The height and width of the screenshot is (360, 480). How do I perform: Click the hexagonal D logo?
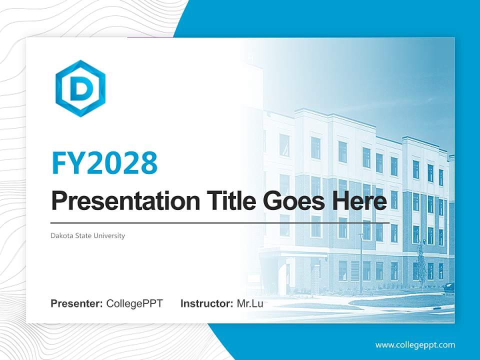coord(80,88)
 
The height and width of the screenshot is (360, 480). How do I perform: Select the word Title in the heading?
coord(228,201)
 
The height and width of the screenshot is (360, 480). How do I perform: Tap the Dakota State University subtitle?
coord(87,235)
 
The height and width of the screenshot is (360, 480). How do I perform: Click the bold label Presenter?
coord(77,303)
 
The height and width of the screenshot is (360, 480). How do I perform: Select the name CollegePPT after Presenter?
coord(134,303)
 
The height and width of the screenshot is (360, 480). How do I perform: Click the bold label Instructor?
coord(206,303)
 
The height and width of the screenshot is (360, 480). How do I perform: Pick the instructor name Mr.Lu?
coord(249,303)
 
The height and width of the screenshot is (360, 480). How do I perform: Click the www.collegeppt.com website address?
coord(415,344)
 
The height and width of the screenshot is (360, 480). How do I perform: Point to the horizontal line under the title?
coord(220,222)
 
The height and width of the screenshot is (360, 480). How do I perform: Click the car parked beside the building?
coord(449,287)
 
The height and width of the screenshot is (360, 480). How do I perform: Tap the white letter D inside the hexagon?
coord(80,89)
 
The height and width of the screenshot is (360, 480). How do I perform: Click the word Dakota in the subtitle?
coord(60,235)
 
